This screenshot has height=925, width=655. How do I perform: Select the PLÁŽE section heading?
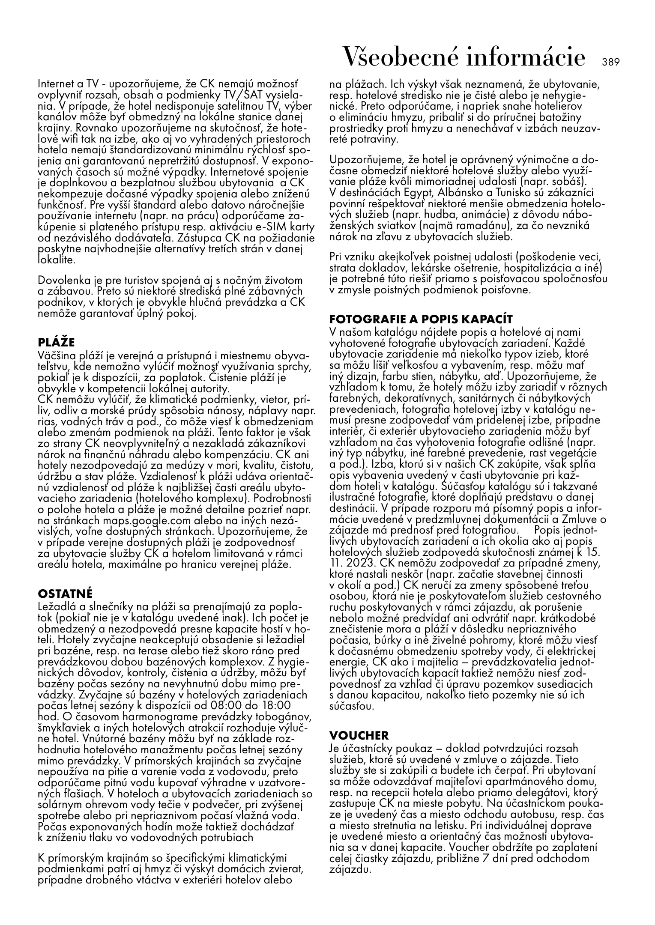pyautogui.click(x=57, y=342)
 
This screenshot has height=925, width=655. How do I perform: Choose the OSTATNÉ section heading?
pyautogui.click(x=66, y=594)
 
